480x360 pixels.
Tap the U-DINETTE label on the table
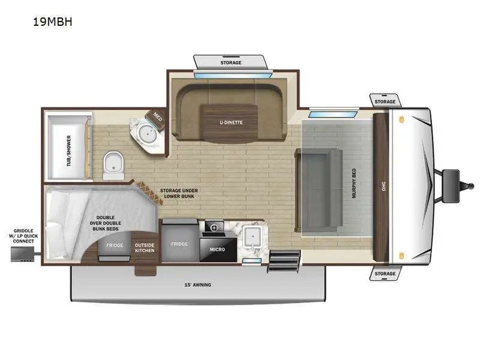tap(231, 122)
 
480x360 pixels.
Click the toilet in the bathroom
tap(112, 164)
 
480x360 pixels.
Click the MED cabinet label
tap(157, 116)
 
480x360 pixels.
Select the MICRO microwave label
tap(218, 249)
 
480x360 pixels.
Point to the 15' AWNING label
tap(198, 284)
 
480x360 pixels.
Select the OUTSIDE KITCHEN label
tap(145, 247)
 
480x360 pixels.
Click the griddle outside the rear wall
tap(22, 254)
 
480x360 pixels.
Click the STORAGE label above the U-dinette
tap(230, 62)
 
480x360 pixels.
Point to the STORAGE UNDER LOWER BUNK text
tap(179, 194)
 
